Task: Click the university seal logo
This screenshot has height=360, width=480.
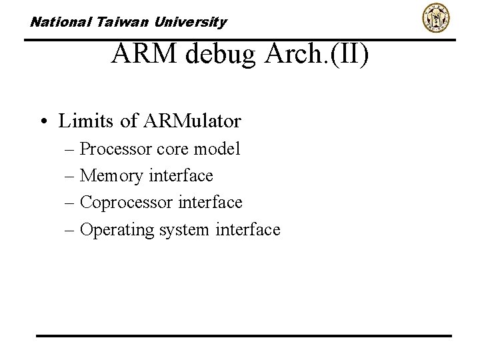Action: click(x=436, y=18)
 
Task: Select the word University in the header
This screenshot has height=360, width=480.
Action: click(x=191, y=22)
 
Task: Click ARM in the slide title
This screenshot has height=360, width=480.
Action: click(x=145, y=54)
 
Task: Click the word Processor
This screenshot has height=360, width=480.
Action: click(x=115, y=149)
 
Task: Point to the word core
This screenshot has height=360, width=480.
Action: click(x=173, y=149)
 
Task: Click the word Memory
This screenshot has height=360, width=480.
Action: click(x=111, y=176)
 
